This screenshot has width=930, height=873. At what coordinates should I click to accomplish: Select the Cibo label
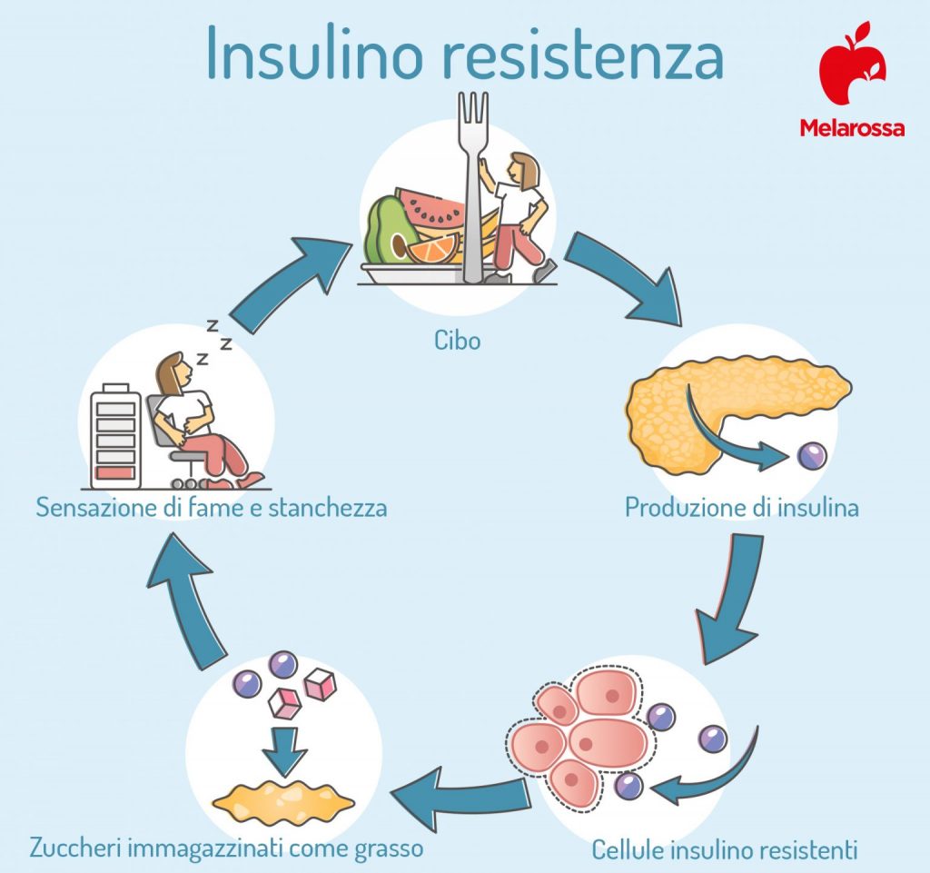coord(456,341)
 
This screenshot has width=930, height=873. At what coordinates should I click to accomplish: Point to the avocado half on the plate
coord(390,231)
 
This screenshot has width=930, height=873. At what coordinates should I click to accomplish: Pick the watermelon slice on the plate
coord(433,208)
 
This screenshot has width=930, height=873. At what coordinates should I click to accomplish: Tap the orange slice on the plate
coord(433,248)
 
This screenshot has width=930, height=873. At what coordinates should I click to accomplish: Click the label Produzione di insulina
coord(741,507)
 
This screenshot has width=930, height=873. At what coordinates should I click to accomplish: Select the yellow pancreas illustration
coord(727,401)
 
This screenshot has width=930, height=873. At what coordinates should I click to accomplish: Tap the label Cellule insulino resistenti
coord(724,850)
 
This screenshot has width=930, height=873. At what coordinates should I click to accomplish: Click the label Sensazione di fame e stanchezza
coord(212,507)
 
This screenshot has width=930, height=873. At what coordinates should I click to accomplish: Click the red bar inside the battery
coord(115,472)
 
